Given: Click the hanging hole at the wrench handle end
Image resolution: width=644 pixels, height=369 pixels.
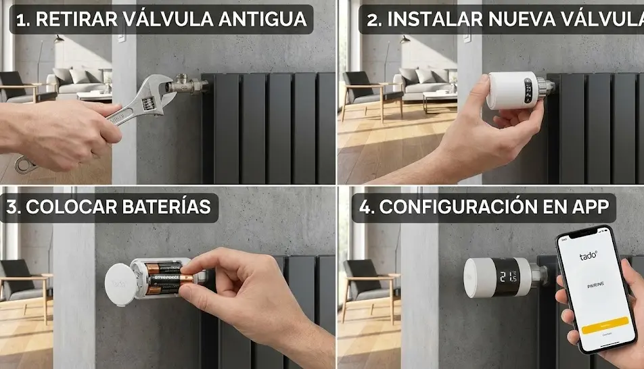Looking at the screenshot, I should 24,163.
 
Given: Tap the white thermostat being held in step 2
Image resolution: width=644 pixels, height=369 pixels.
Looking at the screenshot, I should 513,91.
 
